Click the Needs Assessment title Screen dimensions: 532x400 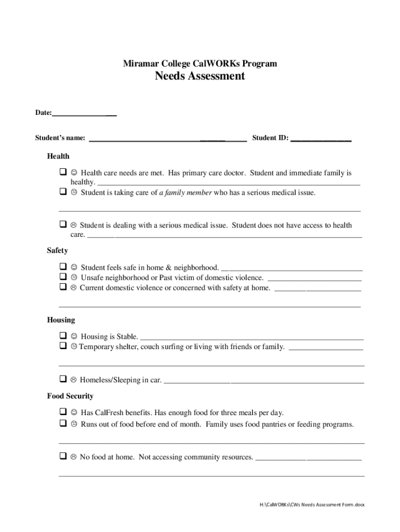pos(199,76)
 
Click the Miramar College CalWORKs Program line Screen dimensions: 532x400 pos(199,63)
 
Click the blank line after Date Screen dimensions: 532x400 pos(84,113)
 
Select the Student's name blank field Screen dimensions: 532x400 pos(168,139)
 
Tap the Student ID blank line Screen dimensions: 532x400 pos(321,139)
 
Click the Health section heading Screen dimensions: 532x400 pos(58,156)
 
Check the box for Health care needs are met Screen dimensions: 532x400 pos(62,172)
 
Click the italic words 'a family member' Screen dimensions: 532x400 pos(185,193)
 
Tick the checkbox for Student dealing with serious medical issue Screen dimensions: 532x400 pos(62,225)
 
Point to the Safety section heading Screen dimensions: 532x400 pos(57,250)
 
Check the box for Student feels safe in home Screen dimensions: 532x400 pos(62,267)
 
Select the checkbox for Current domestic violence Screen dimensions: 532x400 pos(62,287)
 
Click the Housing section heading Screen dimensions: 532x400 pos(61,320)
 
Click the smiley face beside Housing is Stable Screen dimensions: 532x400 pos(74,337)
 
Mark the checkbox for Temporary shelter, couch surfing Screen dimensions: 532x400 pos(62,346)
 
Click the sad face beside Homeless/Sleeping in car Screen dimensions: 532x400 pos(74,380)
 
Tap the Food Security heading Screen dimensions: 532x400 pos(70,396)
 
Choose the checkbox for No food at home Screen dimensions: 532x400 pos(62,457)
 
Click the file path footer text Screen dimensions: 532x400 pos(312,504)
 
